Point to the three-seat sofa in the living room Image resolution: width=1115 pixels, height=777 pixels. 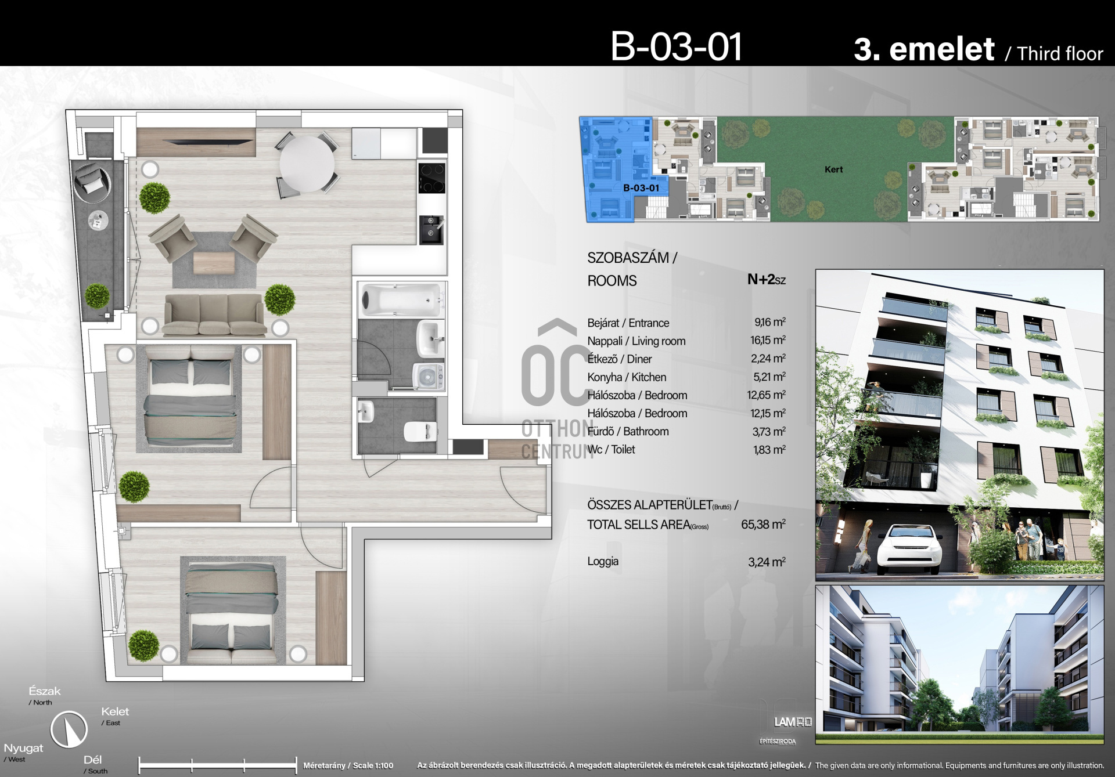coord(214,314)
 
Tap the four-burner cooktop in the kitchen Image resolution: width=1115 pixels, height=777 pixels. coord(432,178)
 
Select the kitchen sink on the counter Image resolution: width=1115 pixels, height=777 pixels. coord(431,229)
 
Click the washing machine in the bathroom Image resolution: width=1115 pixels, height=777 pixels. coord(429,376)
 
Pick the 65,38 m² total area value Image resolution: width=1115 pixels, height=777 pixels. coord(763,525)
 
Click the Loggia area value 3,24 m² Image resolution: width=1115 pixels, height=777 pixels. coord(767,562)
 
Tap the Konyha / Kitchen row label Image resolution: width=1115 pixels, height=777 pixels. coord(627,377)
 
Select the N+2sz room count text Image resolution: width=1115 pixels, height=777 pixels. coord(767,280)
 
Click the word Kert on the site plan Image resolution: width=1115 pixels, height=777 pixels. coord(833,169)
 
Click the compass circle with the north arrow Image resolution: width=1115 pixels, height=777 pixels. coord(69,729)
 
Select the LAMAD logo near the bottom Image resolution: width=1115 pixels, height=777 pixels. coord(793,722)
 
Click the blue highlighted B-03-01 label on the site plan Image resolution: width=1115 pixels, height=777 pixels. coord(641,188)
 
